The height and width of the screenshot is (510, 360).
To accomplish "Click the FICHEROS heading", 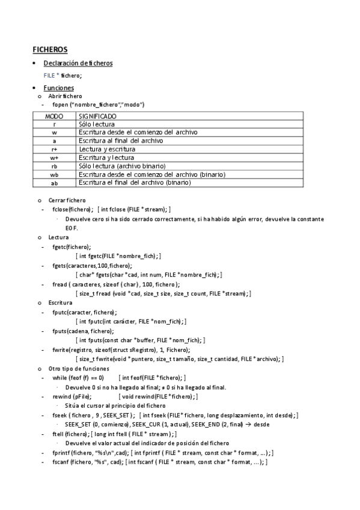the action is tap(50, 49).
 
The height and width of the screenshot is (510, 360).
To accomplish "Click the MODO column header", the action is tap(54, 115).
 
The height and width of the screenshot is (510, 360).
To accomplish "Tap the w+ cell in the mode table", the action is tap(54, 158).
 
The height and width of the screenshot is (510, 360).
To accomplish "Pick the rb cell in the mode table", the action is tap(54, 166).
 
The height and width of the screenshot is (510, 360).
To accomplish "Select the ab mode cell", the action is tap(54, 183).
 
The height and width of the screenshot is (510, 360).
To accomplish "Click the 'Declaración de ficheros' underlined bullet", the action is tap(78, 63).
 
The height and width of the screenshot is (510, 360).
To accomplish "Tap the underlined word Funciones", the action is tap(59, 88).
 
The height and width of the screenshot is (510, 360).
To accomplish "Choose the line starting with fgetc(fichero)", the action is tap(72, 247).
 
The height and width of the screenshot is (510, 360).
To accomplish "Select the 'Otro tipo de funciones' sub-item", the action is tap(79, 368).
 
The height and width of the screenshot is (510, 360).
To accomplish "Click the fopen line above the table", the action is tap(98, 105).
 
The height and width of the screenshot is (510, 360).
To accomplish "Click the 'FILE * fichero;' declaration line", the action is tap(63, 75).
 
